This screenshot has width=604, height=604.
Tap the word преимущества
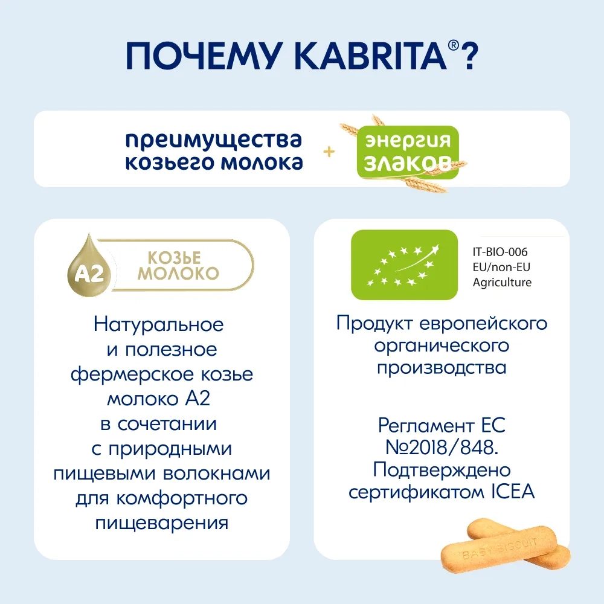213,140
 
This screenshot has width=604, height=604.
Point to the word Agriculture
502,282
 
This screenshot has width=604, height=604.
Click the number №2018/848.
442,448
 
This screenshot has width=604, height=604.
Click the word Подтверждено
442,469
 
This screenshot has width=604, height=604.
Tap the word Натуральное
159,325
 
